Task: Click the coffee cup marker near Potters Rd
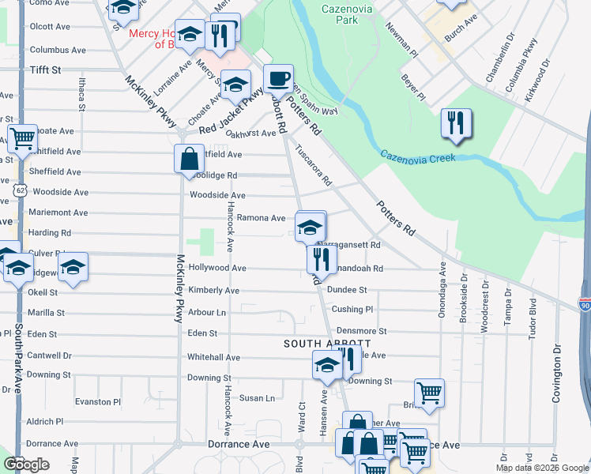tap(278, 79)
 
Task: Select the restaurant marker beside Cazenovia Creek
tap(456, 123)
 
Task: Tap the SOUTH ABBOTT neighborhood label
tap(327, 344)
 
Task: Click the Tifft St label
tap(45, 70)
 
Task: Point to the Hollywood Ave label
tap(217, 269)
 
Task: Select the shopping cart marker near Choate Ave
tap(22, 138)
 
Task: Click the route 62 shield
tap(20, 190)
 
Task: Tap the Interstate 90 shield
tap(584, 304)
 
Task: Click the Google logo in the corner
tap(27, 464)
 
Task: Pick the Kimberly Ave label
tap(213, 291)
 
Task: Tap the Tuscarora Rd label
tap(314, 164)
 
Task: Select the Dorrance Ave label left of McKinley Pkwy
tap(52, 444)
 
